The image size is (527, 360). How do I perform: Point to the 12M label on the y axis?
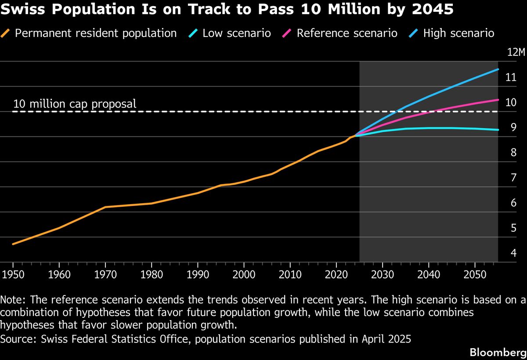[516, 53]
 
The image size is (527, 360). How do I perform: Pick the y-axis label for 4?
[513, 253]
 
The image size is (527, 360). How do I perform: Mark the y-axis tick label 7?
[513, 178]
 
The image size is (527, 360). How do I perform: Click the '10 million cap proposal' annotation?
[75, 104]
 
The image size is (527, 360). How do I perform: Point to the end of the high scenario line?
[498, 69]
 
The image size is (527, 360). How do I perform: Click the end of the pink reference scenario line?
[498, 100]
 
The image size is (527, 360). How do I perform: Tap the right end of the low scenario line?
[498, 130]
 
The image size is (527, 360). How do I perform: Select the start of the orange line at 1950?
[13, 244]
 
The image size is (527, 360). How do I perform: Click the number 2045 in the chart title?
[433, 10]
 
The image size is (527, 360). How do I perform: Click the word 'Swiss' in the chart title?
[18, 10]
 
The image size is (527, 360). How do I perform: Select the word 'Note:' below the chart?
[13, 300]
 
